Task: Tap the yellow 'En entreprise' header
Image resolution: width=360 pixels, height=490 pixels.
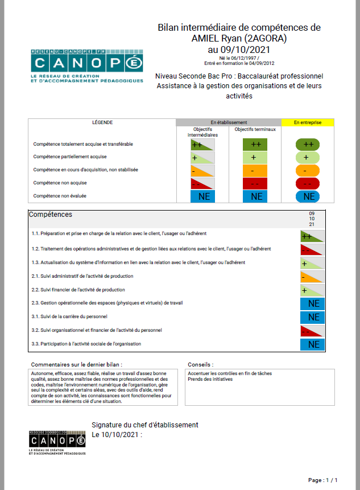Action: click(308, 122)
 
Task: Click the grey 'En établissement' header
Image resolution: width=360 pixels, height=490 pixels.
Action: click(229, 122)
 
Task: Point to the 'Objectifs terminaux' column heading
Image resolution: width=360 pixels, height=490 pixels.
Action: click(255, 129)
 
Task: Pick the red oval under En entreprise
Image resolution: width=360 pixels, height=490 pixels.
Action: click(308, 183)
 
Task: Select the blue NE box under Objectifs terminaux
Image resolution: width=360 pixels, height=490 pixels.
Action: click(255, 196)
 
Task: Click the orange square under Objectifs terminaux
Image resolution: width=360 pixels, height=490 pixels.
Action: click(255, 170)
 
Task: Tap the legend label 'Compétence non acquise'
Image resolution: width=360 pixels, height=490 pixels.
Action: click(60, 183)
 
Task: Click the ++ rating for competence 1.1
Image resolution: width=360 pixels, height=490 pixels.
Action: click(312, 236)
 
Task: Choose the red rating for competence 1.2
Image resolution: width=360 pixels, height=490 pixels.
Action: click(312, 249)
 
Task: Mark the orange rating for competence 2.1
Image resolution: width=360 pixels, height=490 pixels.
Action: click(312, 277)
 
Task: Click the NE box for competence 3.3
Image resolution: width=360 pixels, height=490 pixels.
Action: click(312, 344)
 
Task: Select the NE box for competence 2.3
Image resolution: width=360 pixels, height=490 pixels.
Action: click(312, 303)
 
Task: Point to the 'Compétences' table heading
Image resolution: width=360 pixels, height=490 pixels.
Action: click(51, 215)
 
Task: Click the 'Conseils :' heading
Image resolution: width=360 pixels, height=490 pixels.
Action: click(200, 364)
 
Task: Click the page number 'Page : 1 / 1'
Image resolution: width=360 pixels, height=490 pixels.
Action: click(326, 480)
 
